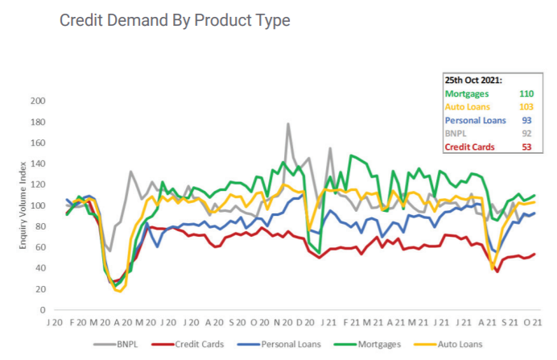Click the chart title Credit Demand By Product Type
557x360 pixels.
175,21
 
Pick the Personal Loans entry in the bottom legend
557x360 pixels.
285,344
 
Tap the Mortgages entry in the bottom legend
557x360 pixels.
375,344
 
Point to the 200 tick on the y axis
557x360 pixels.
37,101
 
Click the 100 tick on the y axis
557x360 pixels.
37,205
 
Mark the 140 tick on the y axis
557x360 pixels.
37,163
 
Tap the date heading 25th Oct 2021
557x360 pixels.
473,81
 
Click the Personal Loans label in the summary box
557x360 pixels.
475,121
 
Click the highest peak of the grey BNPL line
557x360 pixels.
288,124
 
